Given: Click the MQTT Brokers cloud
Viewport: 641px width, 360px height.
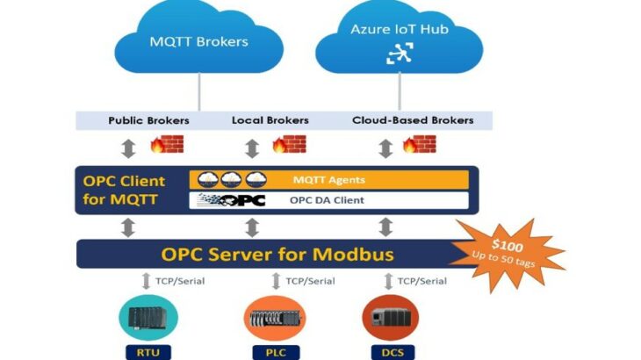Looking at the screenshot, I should pos(198,41).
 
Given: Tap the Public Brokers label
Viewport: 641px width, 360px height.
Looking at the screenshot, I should pos(148,120).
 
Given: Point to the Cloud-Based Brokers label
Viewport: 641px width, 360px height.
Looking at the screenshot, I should pos(412,120).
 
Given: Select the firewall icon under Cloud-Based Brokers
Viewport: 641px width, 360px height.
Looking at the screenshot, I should pos(419,145).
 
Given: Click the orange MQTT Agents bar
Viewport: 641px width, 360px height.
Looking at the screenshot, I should pos(328,180).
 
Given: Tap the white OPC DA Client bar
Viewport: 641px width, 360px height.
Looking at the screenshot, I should pos(328,200).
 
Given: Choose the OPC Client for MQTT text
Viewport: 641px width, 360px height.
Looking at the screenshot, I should pos(124,190).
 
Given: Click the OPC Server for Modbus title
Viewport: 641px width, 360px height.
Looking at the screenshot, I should pos(277,255).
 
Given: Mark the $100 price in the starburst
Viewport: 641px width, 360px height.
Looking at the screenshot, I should pos(508,246).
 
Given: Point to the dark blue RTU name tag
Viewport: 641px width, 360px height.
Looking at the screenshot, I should pos(140,353).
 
